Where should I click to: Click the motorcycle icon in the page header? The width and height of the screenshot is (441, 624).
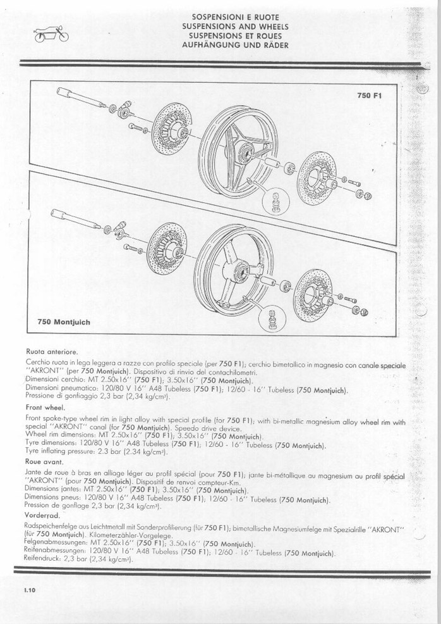pos(51,34)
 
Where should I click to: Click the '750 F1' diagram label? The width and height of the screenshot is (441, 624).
pos(369,96)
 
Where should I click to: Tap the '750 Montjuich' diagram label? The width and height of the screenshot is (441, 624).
pos(64,322)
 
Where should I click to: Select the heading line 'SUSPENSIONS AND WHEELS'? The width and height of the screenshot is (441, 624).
pos(235,27)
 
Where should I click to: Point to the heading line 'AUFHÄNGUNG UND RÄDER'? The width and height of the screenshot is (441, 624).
pos(235,44)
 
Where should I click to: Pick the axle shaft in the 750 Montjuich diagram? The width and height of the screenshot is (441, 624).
pos(75,218)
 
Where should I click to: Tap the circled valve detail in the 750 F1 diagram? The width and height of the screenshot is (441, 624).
pos(275,200)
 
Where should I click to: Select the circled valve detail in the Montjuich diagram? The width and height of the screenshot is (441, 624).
pos(272,318)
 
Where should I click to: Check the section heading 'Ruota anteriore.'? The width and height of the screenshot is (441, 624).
pos(52,352)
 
